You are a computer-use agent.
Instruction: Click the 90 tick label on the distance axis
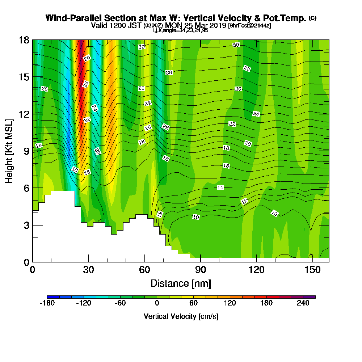coord(201,270)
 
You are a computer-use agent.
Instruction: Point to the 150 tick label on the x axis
coord(313,270)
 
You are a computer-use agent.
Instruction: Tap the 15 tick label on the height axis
coord(24,77)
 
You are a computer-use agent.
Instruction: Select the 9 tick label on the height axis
coord(27,151)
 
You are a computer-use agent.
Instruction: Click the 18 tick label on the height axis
coord(24,40)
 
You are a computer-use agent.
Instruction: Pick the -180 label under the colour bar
coord(47,303)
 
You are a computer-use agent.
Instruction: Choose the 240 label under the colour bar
coord(303,303)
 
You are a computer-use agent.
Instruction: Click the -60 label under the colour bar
coord(120,303)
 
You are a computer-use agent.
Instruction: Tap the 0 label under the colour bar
coord(157,303)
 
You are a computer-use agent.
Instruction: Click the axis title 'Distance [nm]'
coord(181,283)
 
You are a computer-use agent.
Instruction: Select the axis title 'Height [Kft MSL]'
coord(9,151)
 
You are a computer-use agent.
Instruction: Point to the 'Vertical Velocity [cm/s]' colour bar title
coord(181,316)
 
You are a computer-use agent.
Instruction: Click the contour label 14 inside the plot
coord(220,188)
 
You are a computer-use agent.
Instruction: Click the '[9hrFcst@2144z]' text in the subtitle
coord(249,26)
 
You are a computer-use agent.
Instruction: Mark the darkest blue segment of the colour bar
coord(53,297)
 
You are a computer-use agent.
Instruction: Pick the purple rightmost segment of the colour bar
coord(310,297)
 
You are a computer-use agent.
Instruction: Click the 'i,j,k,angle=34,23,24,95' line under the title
coord(181,30)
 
